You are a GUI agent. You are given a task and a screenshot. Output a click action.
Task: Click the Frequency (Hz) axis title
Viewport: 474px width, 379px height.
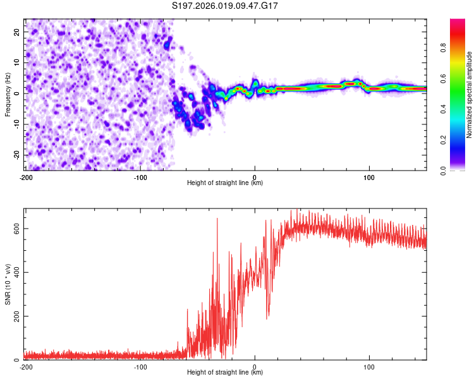click(8, 93)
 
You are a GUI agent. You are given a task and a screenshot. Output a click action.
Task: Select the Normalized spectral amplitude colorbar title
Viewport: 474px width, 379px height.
click(470, 95)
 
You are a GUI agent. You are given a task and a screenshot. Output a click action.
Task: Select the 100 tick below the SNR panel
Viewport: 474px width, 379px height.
click(369, 367)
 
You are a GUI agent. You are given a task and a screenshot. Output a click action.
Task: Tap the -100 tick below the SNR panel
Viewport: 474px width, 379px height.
click(140, 367)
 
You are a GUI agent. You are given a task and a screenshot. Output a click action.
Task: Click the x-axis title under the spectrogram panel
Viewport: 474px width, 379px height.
click(226, 184)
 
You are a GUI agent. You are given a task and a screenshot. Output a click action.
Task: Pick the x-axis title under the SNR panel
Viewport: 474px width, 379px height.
click(226, 373)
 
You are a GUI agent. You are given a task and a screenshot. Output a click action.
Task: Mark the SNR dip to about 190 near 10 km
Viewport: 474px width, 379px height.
click(267, 318)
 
